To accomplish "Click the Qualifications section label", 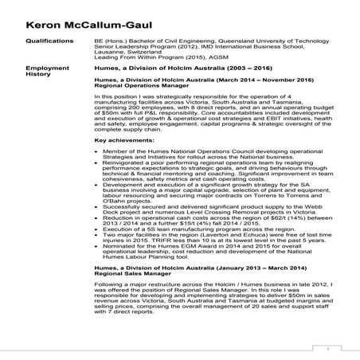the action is [x=51, y=38].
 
